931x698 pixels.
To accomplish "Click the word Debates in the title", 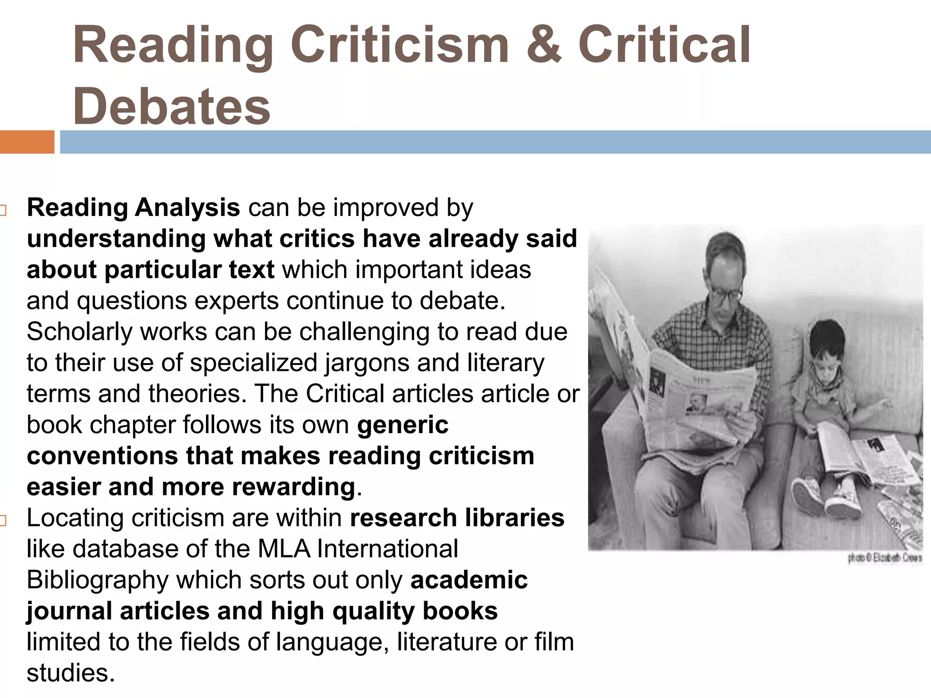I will click(x=172, y=106).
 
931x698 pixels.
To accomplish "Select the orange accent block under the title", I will click(x=27, y=142).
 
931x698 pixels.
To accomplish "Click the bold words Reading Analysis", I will click(x=133, y=208).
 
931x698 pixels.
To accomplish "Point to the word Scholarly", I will click(x=80, y=332).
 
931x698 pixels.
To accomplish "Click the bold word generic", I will click(x=403, y=425).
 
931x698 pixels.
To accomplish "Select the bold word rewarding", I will click(x=293, y=487).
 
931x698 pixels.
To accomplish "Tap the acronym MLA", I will click(x=284, y=548).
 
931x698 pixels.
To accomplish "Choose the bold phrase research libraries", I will click(x=457, y=518).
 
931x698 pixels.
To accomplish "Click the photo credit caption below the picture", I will click(x=884, y=558).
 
